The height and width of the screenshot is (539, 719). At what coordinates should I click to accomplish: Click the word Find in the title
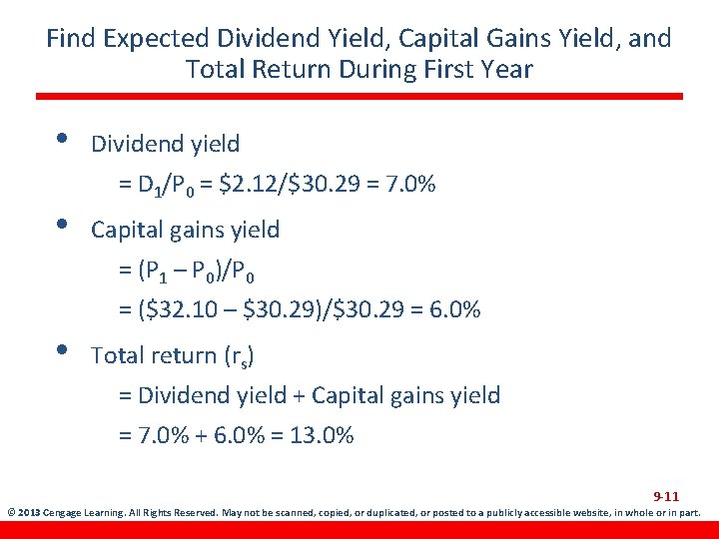[x=71, y=39]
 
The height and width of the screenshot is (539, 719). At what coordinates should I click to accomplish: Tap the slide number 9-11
[x=666, y=496]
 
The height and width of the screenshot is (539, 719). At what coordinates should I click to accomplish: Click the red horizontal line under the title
[x=359, y=97]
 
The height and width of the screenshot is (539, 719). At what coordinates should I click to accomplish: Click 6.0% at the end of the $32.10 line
[x=456, y=310]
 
